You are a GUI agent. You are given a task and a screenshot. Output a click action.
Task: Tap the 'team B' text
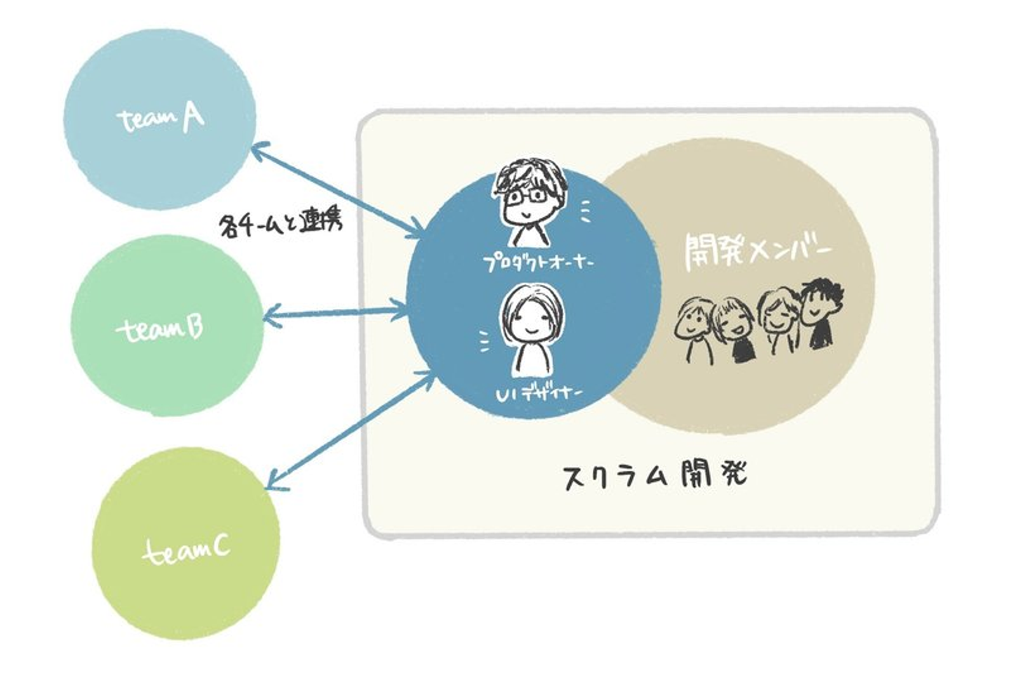point(161,329)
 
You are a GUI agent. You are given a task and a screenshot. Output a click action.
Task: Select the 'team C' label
point(187,550)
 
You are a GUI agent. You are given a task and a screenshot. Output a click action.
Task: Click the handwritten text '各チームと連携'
point(280,225)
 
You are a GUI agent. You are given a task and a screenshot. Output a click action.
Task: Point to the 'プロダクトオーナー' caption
point(539,263)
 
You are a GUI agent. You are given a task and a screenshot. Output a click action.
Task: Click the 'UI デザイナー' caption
point(539,395)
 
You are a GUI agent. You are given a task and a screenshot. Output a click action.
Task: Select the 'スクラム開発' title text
point(656,475)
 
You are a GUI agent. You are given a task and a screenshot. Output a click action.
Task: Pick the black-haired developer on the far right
point(821,309)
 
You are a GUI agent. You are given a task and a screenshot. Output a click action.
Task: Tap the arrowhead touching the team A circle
point(258,149)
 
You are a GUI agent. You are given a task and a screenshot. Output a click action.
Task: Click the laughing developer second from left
point(733,326)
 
